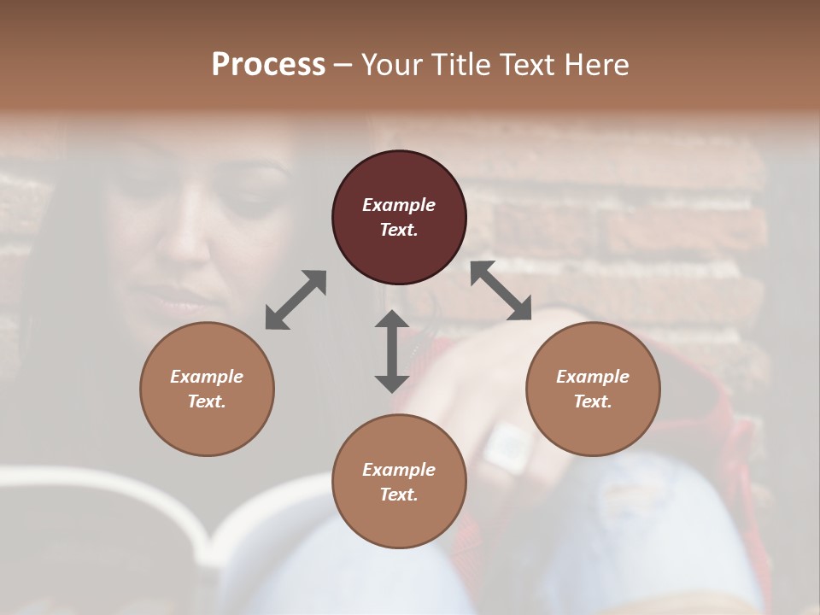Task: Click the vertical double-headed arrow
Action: (392, 351)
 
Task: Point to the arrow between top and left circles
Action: (296, 300)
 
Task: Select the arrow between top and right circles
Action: (501, 291)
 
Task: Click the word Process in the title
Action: (268, 64)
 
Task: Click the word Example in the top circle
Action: (399, 205)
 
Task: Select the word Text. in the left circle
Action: (207, 401)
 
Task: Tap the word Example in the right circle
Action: (593, 377)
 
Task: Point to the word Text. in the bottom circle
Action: (399, 495)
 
